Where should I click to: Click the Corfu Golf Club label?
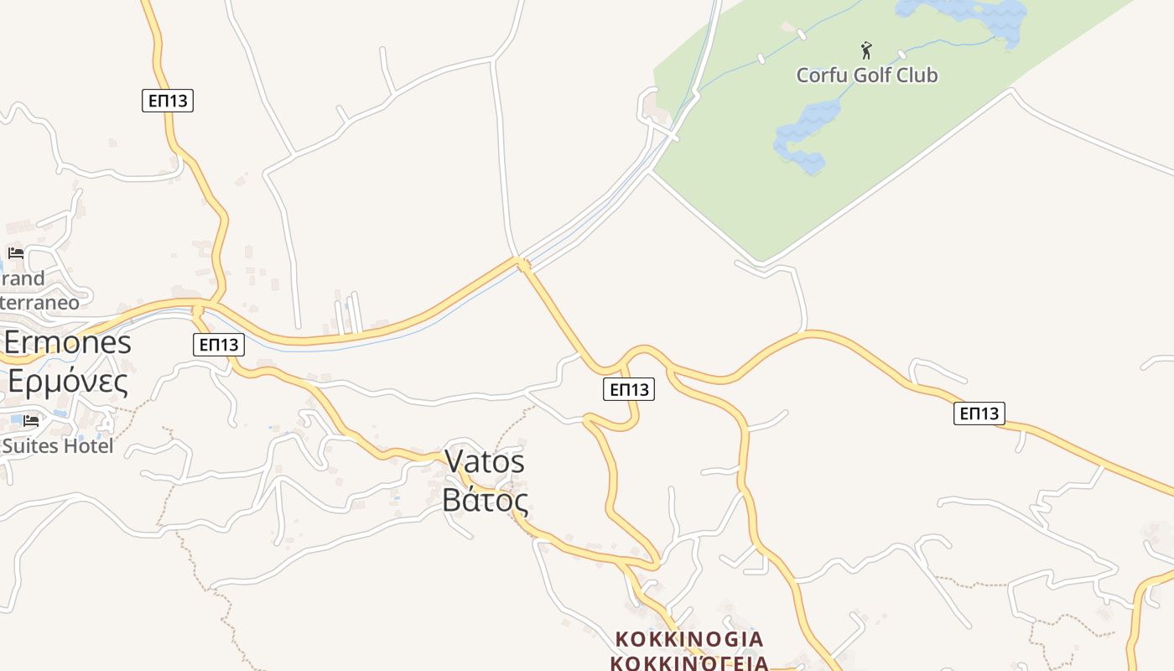click(866, 75)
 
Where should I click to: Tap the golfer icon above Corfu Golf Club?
click(866, 50)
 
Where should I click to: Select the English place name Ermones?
click(68, 342)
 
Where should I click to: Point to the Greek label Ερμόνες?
click(68, 382)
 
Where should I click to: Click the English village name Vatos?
click(485, 461)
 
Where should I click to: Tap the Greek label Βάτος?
click(485, 501)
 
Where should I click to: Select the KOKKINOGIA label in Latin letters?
click(689, 639)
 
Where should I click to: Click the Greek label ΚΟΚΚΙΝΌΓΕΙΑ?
click(689, 663)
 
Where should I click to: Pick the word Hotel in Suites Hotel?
click(87, 446)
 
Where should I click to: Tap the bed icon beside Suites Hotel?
click(31, 420)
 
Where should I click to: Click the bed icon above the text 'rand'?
click(15, 252)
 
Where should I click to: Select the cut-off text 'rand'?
click(23, 278)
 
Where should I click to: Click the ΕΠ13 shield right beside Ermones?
click(218, 344)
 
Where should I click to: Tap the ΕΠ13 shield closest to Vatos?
click(629, 389)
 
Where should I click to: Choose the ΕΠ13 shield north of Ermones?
click(168, 101)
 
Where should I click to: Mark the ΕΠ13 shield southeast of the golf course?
click(979, 413)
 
